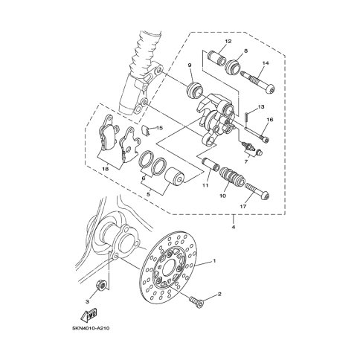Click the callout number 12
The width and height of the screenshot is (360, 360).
tap(228, 42)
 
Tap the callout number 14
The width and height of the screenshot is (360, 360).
tap(266, 63)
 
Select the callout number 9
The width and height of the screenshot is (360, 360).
tap(190, 65)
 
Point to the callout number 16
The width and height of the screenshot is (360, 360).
tap(270, 120)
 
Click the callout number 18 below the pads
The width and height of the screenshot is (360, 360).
tap(106, 169)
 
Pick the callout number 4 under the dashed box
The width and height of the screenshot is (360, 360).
tap(234, 227)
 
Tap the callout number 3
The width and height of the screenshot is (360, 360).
tap(87, 301)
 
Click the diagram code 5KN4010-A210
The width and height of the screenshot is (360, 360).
tap(91, 329)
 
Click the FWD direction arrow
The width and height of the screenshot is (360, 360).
tap(89, 314)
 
